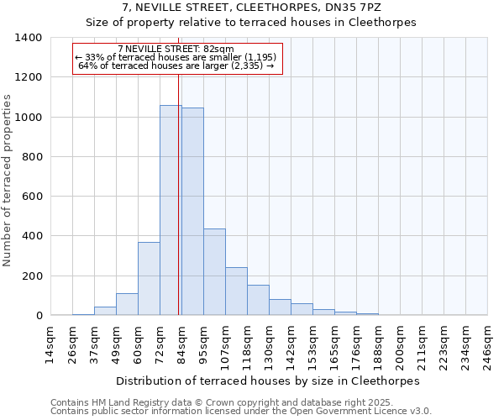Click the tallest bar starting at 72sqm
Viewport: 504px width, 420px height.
coord(170,210)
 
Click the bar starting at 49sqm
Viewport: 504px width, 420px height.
coord(127,304)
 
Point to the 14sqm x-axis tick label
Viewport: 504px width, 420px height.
coord(50,344)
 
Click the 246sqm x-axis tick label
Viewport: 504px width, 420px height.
coord(487,344)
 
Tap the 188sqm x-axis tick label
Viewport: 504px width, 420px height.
coord(378,344)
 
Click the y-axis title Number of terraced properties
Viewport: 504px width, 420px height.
coord(8,181)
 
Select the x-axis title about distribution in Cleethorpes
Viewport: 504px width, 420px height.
coord(267,381)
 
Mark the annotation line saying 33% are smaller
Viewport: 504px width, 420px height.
coord(177,57)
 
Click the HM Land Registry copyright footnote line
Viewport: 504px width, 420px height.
coord(234,402)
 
